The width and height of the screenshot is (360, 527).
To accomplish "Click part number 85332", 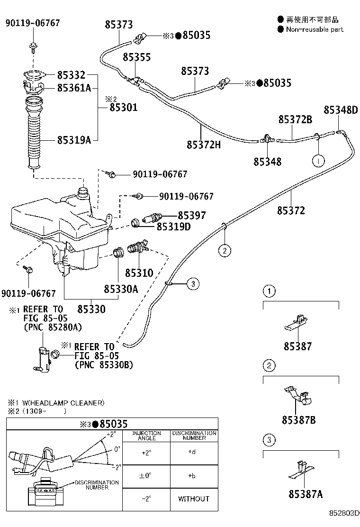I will (71, 75).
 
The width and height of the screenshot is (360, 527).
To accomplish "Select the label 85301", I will (123, 108).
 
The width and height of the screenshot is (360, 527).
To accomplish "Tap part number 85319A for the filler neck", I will (74, 140).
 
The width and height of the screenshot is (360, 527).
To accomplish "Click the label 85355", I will (136, 57).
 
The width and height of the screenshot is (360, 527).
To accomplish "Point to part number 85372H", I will (204, 144).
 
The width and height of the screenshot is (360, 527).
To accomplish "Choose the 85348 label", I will (267, 162).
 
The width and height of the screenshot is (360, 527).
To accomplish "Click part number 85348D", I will (341, 110).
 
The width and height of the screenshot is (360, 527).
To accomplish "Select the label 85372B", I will (295, 120).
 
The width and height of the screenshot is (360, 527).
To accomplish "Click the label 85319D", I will (173, 227).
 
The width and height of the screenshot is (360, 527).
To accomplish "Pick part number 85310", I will (139, 273).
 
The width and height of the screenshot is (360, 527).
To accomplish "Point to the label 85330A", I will (121, 289).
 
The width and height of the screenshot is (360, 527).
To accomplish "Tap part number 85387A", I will (306, 495).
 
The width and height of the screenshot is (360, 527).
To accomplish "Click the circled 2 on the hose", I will (225, 250).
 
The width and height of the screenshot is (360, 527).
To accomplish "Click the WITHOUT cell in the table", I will (194, 499).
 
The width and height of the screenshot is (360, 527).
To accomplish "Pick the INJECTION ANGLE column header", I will (146, 436).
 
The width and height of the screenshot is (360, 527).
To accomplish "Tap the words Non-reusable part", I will (315, 29).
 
